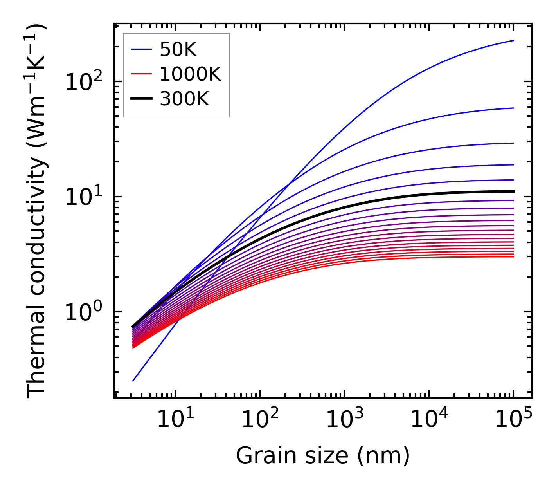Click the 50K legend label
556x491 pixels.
[178, 50]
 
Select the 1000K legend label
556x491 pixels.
[190, 74]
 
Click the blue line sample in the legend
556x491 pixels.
[141, 49]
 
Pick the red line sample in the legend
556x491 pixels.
[141, 74]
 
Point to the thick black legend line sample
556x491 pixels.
[141, 99]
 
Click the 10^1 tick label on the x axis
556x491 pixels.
[175, 420]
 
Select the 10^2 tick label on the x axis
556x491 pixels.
[259, 420]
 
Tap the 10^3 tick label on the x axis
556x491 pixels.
[344, 420]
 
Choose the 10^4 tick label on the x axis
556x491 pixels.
[428, 420]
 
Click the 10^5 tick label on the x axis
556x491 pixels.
[513, 420]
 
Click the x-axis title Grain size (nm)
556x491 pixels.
[323, 456]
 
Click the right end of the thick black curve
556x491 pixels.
[513, 191]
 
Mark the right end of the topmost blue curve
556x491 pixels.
[513, 40]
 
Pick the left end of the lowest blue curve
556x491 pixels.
[133, 381]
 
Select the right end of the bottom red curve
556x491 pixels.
[513, 256]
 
